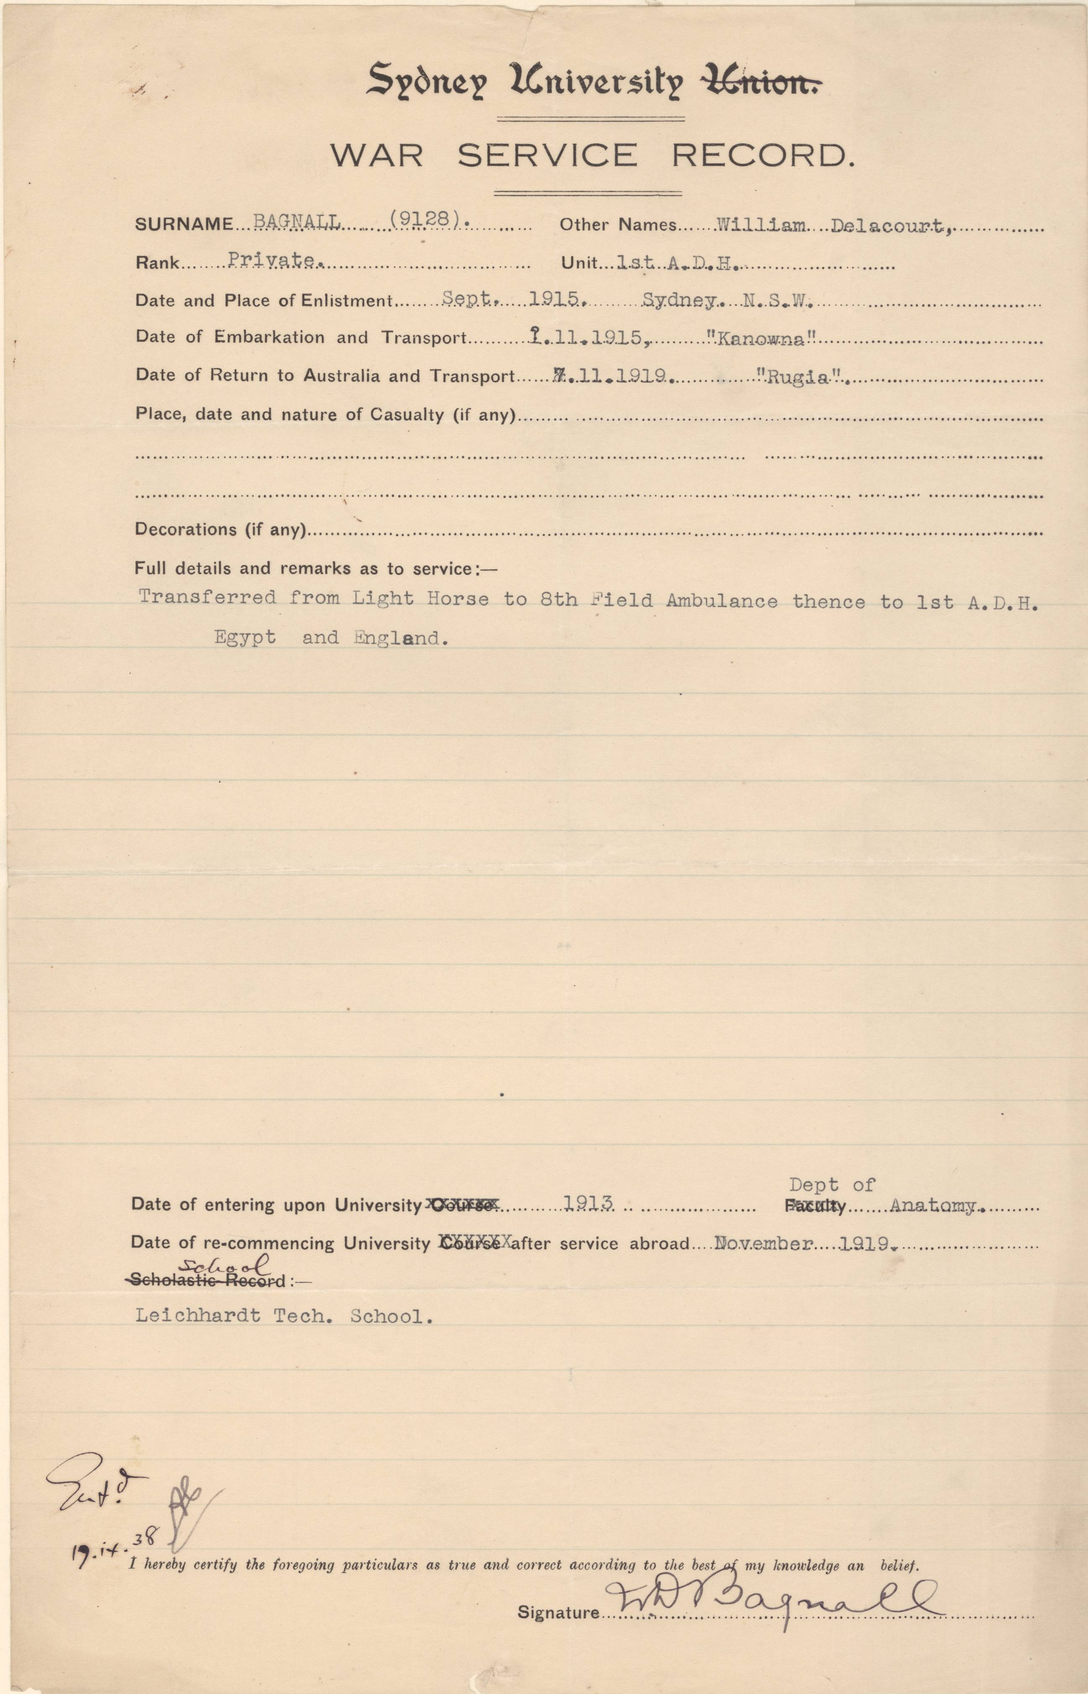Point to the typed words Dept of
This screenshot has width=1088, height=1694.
point(832,1185)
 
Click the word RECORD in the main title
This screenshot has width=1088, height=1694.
point(763,155)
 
